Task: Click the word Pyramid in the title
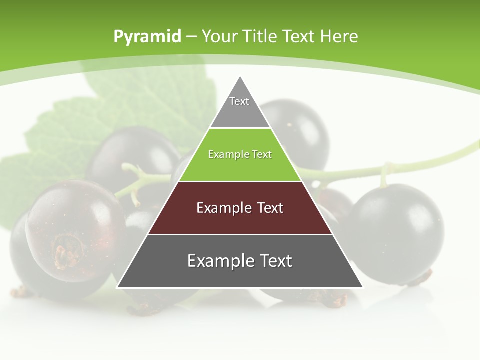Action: coord(147,37)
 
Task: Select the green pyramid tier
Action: coord(240,165)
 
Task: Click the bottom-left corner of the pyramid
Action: coord(118,287)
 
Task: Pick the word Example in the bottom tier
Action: coord(219,261)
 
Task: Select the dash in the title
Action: coord(191,37)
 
